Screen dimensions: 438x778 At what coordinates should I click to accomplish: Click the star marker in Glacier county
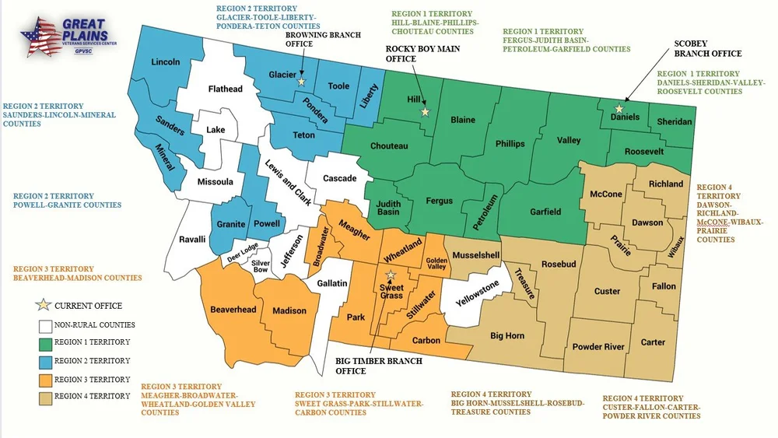point(301,80)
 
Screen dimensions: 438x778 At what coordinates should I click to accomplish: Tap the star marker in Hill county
point(425,112)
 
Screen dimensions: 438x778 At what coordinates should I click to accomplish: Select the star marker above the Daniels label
point(619,110)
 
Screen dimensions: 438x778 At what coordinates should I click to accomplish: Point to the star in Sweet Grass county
point(391,275)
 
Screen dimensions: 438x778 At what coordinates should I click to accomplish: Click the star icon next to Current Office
point(44,305)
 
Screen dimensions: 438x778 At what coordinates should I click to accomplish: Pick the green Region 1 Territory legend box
point(44,342)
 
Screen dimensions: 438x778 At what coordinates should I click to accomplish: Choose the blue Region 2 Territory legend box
point(44,361)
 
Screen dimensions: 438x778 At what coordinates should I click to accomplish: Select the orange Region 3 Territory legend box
point(44,380)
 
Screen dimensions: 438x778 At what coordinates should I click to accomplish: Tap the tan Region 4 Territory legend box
point(44,397)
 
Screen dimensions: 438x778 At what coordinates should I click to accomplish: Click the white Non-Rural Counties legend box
point(44,325)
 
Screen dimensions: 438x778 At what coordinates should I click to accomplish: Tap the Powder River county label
point(598,346)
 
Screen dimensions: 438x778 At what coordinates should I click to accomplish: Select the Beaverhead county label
point(233,310)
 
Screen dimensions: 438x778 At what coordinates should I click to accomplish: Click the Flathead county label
point(225,89)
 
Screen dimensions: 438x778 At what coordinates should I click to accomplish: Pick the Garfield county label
point(545,212)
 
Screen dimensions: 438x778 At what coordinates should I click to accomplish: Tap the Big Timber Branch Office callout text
point(379,366)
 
